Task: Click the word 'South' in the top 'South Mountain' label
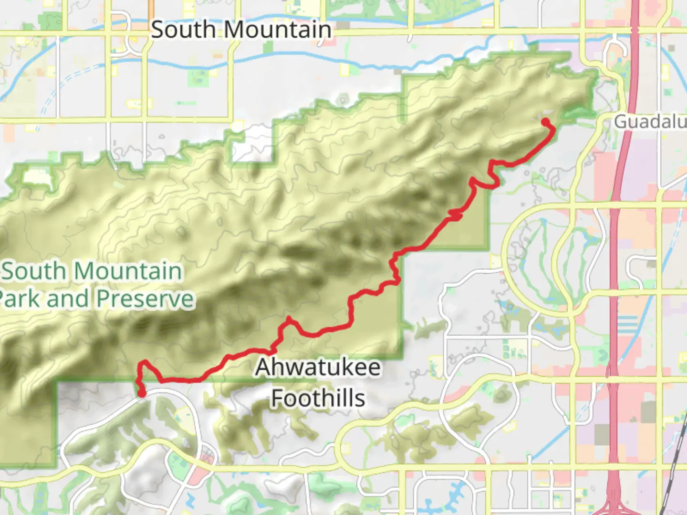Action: pyautogui.click(x=183, y=30)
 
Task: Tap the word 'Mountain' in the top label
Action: pyautogui.click(x=278, y=30)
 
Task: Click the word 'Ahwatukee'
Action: pyautogui.click(x=318, y=368)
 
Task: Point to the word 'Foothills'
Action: pyautogui.click(x=318, y=398)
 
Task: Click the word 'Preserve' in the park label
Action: pyautogui.click(x=145, y=299)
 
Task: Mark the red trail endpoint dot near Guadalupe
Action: pyautogui.click(x=545, y=122)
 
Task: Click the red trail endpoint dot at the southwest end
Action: pyautogui.click(x=142, y=393)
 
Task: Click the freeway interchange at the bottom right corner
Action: pyautogui.click(x=615, y=501)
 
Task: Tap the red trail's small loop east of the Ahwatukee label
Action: pyautogui.click(x=456, y=215)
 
